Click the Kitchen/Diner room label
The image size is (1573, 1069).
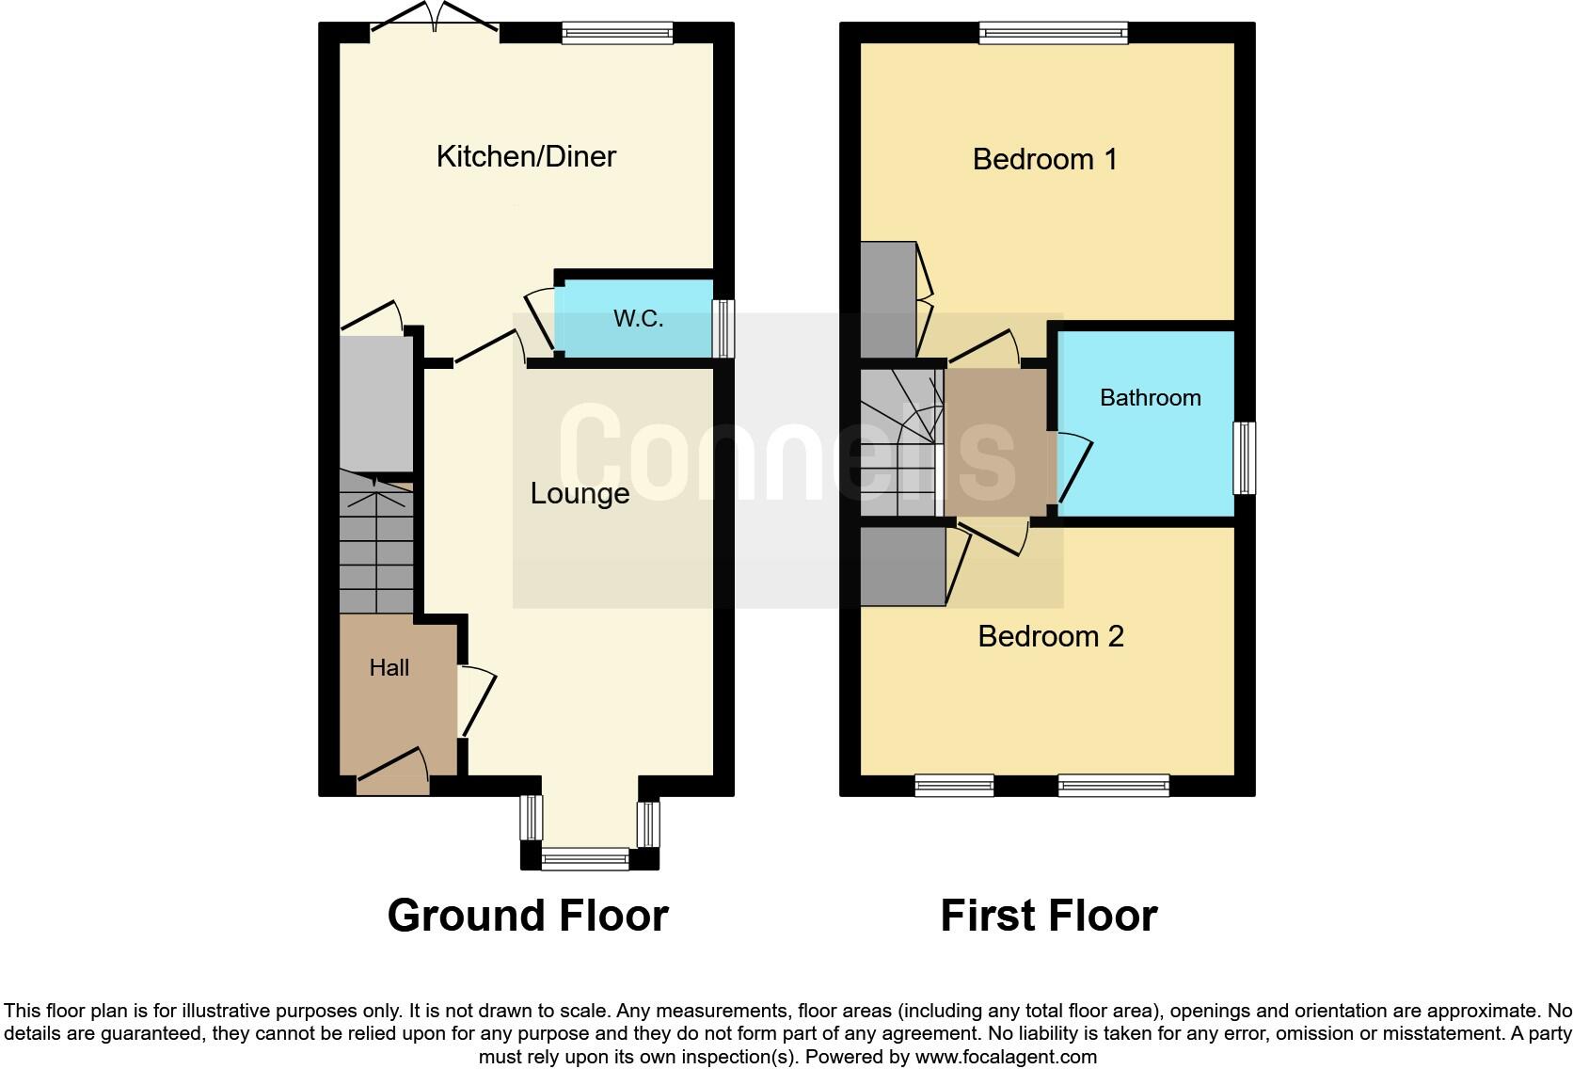coord(526,156)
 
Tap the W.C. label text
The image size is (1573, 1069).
coord(638,319)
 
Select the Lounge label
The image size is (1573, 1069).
coord(580,493)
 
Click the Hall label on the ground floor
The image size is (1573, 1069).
coord(389,668)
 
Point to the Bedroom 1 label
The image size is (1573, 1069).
coord(1044,159)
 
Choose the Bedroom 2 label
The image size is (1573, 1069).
coord(1050,637)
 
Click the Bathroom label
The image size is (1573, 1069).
coord(1150,398)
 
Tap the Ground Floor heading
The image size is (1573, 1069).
coord(527,916)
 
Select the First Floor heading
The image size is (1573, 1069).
coord(1048,916)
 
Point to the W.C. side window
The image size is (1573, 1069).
coord(723,328)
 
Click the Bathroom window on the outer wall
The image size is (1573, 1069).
coord(1244,458)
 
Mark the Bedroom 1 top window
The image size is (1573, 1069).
coord(1053,34)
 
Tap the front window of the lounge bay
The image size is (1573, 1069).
coord(585,858)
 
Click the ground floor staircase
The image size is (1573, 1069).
coord(375,546)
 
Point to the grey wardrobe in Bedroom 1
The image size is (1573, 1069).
coord(887,299)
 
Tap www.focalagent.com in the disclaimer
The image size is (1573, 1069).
coord(1006,1057)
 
